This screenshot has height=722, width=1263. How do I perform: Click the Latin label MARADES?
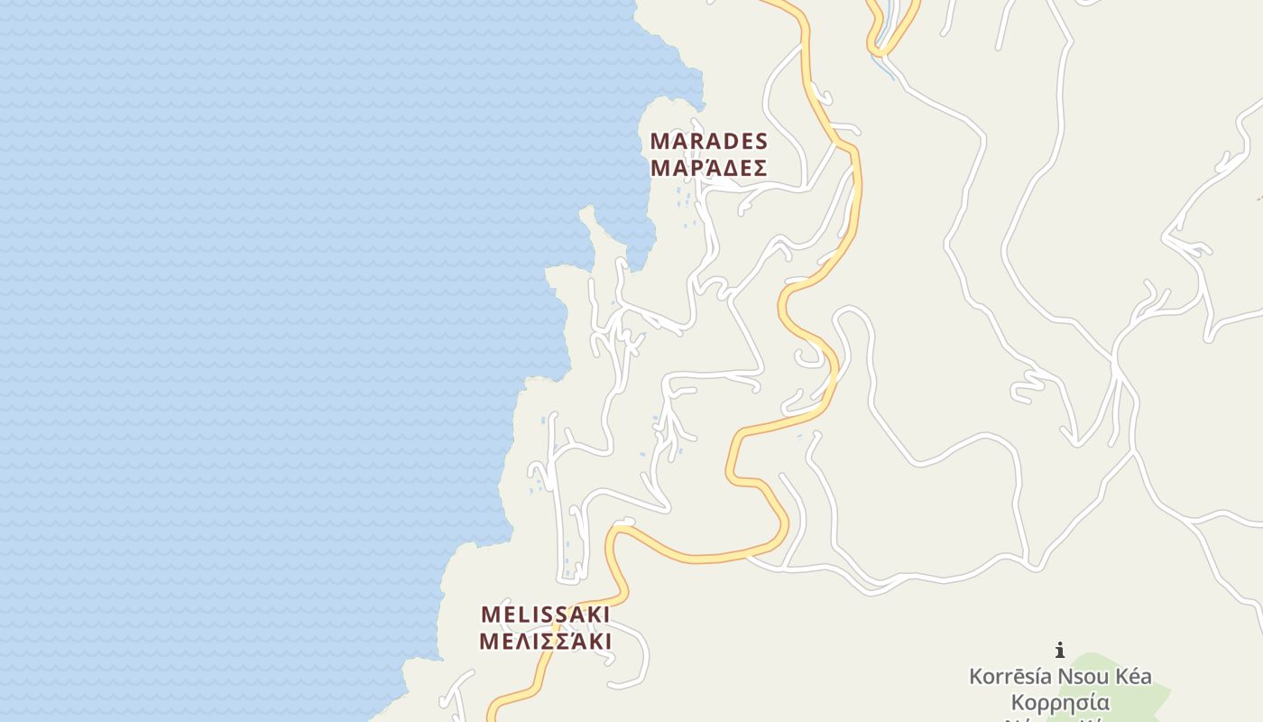708,142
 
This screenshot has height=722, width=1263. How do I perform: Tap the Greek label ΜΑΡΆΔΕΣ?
708,168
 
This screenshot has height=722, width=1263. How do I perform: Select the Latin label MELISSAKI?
545,615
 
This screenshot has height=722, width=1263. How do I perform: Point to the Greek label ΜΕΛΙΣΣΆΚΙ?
545,642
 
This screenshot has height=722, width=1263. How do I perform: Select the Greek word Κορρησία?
1060,702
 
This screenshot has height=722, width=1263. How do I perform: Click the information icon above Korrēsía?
1060,650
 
